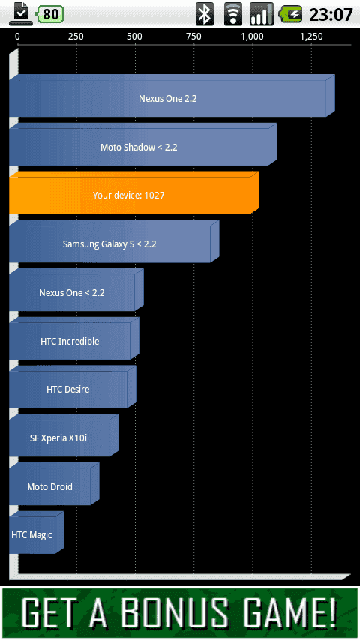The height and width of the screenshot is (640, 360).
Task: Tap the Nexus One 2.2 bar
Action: click(172, 96)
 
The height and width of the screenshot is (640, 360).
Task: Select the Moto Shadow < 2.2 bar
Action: click(143, 145)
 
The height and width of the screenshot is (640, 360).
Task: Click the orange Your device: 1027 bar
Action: click(134, 193)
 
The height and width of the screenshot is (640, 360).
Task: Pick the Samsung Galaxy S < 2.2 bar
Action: click(114, 241)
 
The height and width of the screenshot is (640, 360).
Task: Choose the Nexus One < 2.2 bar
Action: click(76, 290)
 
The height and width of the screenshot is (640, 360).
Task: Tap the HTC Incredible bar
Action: click(74, 339)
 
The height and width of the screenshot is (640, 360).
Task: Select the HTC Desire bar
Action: click(73, 387)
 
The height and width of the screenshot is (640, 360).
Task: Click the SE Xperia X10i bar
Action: click(64, 435)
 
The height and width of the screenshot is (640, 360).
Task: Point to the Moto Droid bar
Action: click(54, 484)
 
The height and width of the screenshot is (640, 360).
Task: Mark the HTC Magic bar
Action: click(37, 533)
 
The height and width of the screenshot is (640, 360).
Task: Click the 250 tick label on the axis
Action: click(76, 37)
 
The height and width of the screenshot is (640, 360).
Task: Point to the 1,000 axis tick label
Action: click(252, 37)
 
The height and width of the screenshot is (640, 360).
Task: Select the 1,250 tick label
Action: click(311, 37)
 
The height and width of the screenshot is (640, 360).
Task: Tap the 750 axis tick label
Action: click(193, 37)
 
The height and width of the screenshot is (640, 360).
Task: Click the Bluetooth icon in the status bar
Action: click(204, 14)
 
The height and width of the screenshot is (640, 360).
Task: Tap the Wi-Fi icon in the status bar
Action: click(233, 14)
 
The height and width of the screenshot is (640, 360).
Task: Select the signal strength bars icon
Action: click(262, 14)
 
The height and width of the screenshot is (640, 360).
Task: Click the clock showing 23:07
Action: click(331, 15)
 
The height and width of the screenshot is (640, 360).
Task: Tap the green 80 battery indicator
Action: click(49, 14)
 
